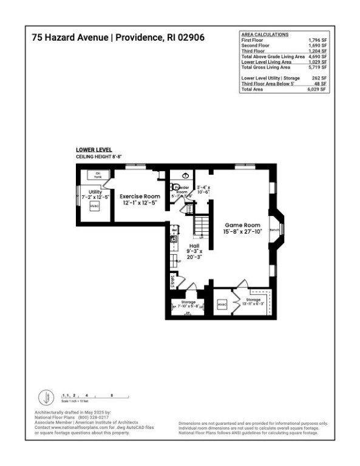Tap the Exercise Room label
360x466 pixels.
[140, 197]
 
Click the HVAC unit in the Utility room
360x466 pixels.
[94, 206]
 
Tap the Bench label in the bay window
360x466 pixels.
[274, 231]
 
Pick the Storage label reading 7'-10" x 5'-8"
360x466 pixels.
[187, 305]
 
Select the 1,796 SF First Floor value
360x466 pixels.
[316, 39]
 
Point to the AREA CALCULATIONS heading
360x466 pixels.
[265, 35]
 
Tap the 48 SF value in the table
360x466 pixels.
[320, 84]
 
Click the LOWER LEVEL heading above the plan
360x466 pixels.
[93, 149]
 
